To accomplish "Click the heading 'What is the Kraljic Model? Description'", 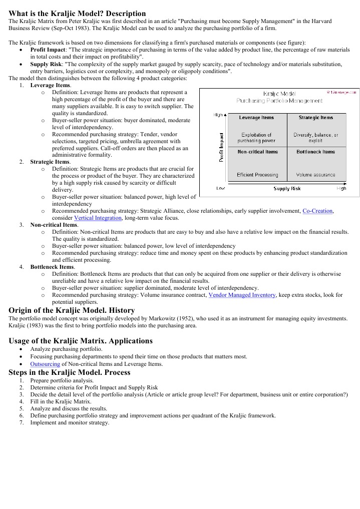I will (x=78, y=14).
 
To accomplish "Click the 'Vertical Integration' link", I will (x=98, y=218).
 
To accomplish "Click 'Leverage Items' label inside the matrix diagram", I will (x=256, y=118).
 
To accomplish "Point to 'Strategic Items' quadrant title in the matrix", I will (x=315, y=118).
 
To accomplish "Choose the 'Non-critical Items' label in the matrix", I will (x=257, y=152).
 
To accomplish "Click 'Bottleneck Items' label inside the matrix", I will (x=315, y=152).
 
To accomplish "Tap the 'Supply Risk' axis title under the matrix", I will (x=287, y=189).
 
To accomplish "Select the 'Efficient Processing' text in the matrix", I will (x=257, y=175).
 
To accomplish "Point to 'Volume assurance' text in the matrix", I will (x=315, y=175).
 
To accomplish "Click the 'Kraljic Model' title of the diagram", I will (x=279, y=94).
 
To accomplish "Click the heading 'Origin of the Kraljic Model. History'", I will (x=72, y=310).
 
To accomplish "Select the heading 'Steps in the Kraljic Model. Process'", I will (x=70, y=372).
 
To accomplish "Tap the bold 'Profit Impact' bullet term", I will (x=48, y=51).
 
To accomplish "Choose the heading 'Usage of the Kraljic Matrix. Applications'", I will (x=81, y=341).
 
